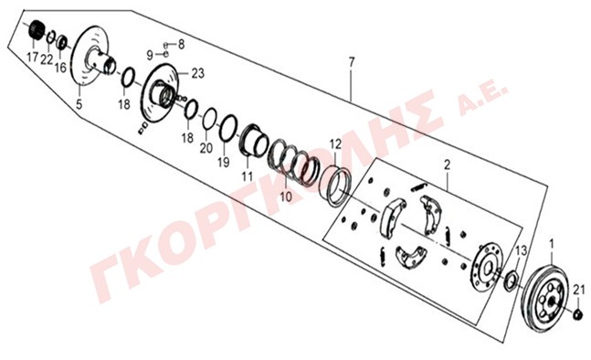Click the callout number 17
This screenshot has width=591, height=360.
(33, 58)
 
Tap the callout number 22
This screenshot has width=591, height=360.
(47, 59)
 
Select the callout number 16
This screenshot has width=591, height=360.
(60, 68)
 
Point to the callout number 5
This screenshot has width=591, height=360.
(79, 103)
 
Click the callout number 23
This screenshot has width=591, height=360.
(198, 73)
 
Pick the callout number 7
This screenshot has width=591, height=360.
(352, 61)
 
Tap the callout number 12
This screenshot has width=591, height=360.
(335, 144)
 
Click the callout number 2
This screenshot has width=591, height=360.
(447, 164)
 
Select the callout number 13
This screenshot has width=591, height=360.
(521, 250)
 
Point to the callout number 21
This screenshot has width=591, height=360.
(579, 291)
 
